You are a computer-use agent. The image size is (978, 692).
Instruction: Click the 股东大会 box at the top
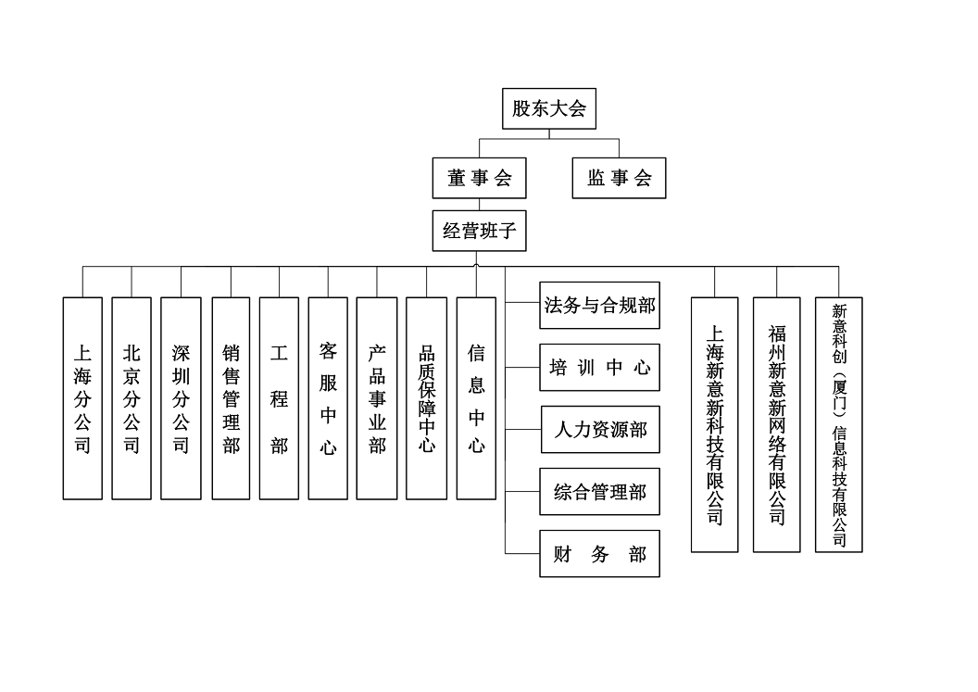pos(549,108)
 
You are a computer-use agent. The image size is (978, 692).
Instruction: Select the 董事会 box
pos(479,178)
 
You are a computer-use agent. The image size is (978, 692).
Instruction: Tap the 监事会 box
pos(619,178)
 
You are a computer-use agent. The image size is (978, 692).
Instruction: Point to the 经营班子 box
pos(479,231)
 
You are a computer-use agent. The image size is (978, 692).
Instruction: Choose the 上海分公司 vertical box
pos(82,398)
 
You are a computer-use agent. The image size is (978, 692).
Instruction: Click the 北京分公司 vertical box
pos(132,398)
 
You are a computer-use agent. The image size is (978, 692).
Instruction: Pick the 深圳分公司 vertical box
pos(181,398)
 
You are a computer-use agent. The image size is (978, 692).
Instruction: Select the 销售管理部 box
pos(231,398)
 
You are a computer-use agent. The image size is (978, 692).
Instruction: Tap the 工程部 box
pos(279,398)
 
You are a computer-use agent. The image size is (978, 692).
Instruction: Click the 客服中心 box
pos(328,398)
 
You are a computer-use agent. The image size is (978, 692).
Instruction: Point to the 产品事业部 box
pos(377,398)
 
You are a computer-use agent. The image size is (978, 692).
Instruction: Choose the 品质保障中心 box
pos(427,398)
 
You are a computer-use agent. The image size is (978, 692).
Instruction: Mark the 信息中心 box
pos(476,398)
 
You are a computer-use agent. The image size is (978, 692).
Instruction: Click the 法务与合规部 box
pos(600,306)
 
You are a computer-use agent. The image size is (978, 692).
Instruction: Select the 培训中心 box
pos(600,368)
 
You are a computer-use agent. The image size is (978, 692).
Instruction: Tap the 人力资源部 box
pos(600,430)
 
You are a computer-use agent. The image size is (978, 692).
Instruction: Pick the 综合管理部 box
pos(600,492)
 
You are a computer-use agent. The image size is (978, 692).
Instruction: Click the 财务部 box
pos(600,554)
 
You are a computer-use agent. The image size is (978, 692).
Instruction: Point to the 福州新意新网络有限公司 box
pos(776,424)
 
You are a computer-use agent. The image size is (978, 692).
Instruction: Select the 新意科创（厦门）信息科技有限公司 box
pos(838,424)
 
